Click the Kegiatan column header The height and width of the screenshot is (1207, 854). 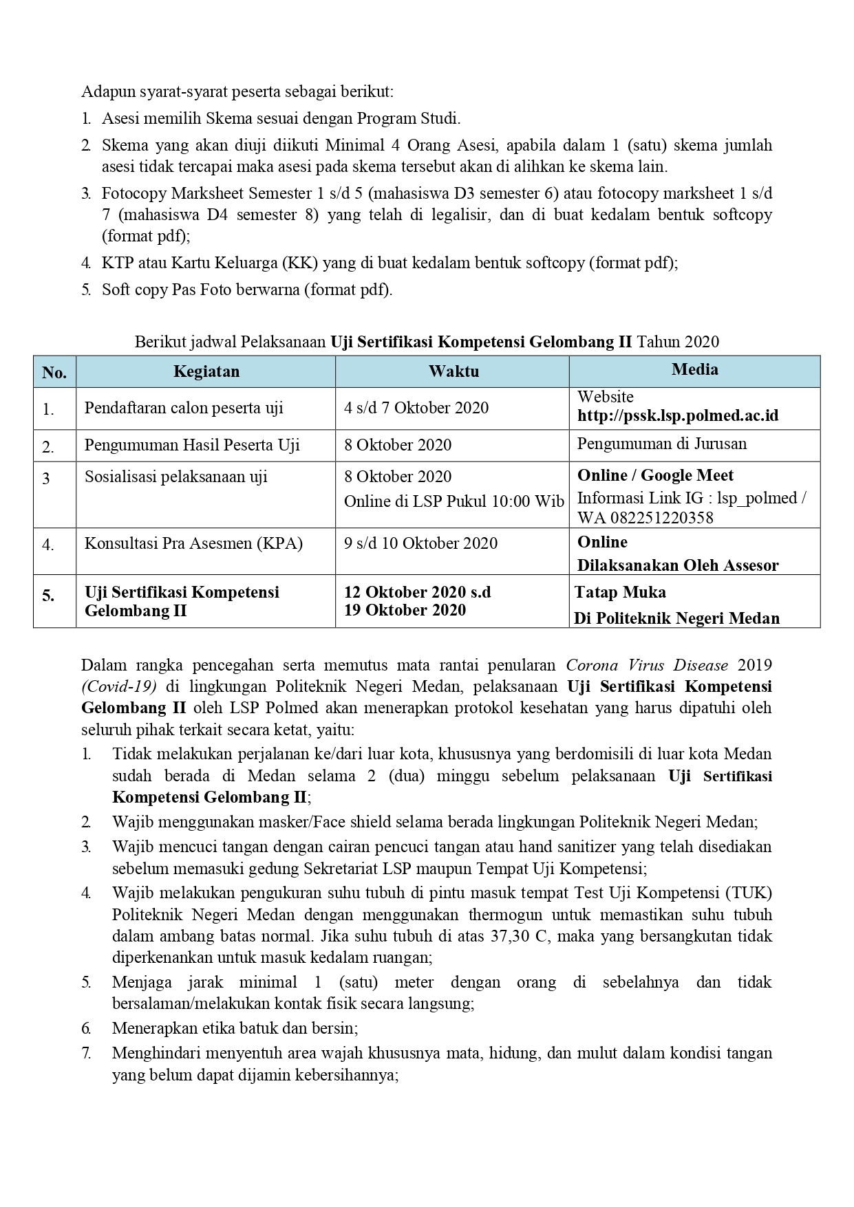206,372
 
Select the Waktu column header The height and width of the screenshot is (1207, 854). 453,372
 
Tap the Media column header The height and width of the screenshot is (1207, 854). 694,370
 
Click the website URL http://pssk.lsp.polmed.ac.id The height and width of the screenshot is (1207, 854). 678,416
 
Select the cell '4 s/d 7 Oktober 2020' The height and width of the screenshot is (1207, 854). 416,408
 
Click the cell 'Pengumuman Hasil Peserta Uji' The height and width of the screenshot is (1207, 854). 192,445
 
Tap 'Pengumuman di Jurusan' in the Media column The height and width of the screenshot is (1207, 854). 661,444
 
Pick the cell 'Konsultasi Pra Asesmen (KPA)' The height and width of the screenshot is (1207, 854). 193,543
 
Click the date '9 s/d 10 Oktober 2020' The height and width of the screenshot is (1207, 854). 420,543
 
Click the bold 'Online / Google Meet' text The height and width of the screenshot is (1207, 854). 655,476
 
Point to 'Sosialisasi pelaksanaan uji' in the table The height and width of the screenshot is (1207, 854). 175,477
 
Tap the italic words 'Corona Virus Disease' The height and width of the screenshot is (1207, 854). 646,665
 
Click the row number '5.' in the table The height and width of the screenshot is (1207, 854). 48,596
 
